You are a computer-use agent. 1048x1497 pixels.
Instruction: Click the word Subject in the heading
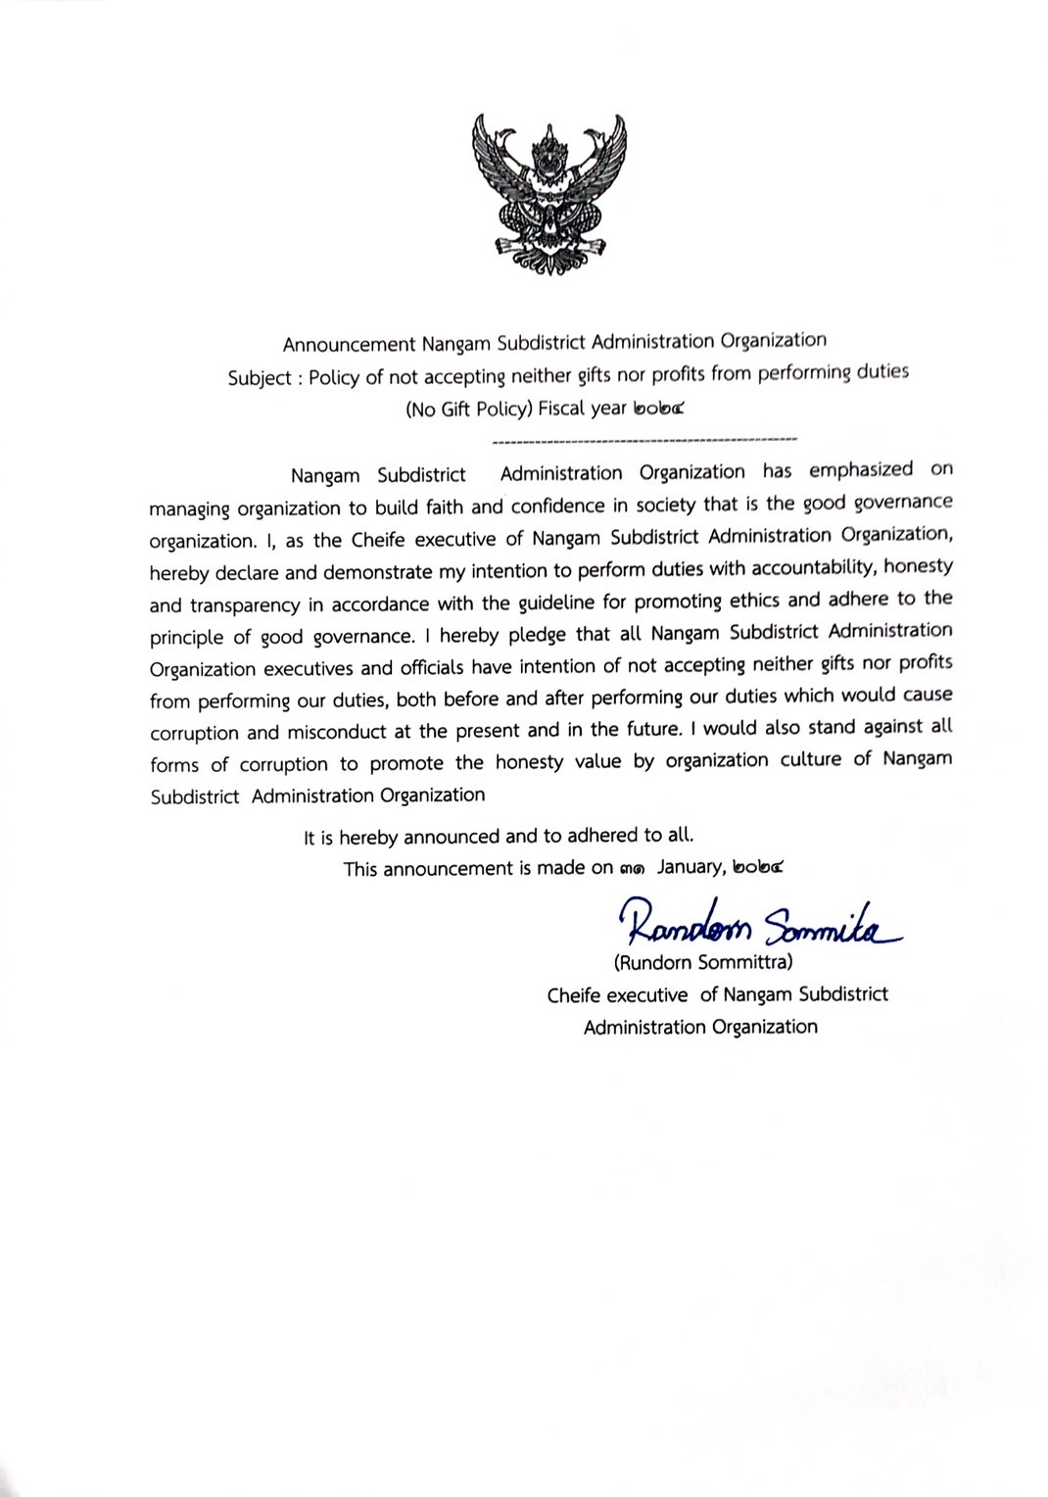260,378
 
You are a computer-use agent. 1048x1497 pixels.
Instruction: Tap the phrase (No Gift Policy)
469,410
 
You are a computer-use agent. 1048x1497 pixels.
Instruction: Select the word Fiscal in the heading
562,409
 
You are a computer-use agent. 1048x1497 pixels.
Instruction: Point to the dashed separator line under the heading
643,439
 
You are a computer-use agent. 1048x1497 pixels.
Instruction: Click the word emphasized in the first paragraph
861,470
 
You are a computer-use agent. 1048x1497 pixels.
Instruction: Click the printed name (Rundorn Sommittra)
703,962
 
